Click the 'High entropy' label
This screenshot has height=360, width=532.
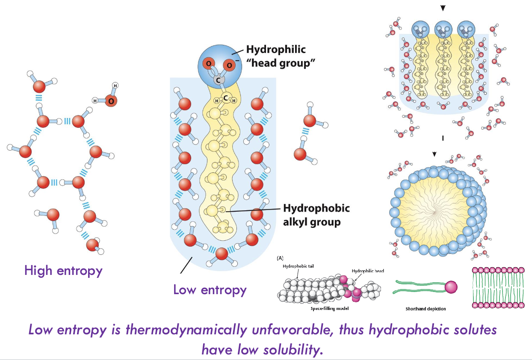[63, 271]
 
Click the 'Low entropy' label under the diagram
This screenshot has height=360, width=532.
[210, 290]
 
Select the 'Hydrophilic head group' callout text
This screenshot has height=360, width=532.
[276, 56]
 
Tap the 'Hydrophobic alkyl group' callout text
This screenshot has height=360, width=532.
[316, 215]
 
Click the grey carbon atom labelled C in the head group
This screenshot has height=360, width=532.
[218, 80]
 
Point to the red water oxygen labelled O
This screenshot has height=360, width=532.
[111, 101]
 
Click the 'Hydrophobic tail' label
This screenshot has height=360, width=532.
[298, 266]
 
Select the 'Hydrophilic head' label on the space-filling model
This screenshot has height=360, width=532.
[368, 271]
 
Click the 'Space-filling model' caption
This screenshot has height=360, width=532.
[329, 308]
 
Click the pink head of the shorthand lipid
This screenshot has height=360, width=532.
[451, 287]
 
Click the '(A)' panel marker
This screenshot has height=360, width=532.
[280, 258]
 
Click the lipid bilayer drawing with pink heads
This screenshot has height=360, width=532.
[499, 288]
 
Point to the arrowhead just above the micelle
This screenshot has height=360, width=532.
[434, 154]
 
